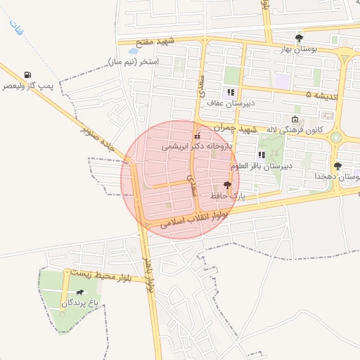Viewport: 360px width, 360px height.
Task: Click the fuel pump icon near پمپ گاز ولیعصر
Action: tap(27, 75)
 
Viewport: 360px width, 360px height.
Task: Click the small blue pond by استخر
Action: tap(133, 51)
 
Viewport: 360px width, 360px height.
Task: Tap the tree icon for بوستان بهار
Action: tap(299, 38)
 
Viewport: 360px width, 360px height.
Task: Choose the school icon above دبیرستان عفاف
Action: tap(230, 92)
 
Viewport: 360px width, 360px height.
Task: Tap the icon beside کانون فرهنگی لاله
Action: tap(295, 118)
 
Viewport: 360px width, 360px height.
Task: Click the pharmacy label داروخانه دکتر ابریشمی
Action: tap(196, 146)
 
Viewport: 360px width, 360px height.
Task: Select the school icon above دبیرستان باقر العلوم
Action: tap(262, 155)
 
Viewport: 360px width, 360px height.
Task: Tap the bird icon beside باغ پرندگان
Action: tap(79, 292)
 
